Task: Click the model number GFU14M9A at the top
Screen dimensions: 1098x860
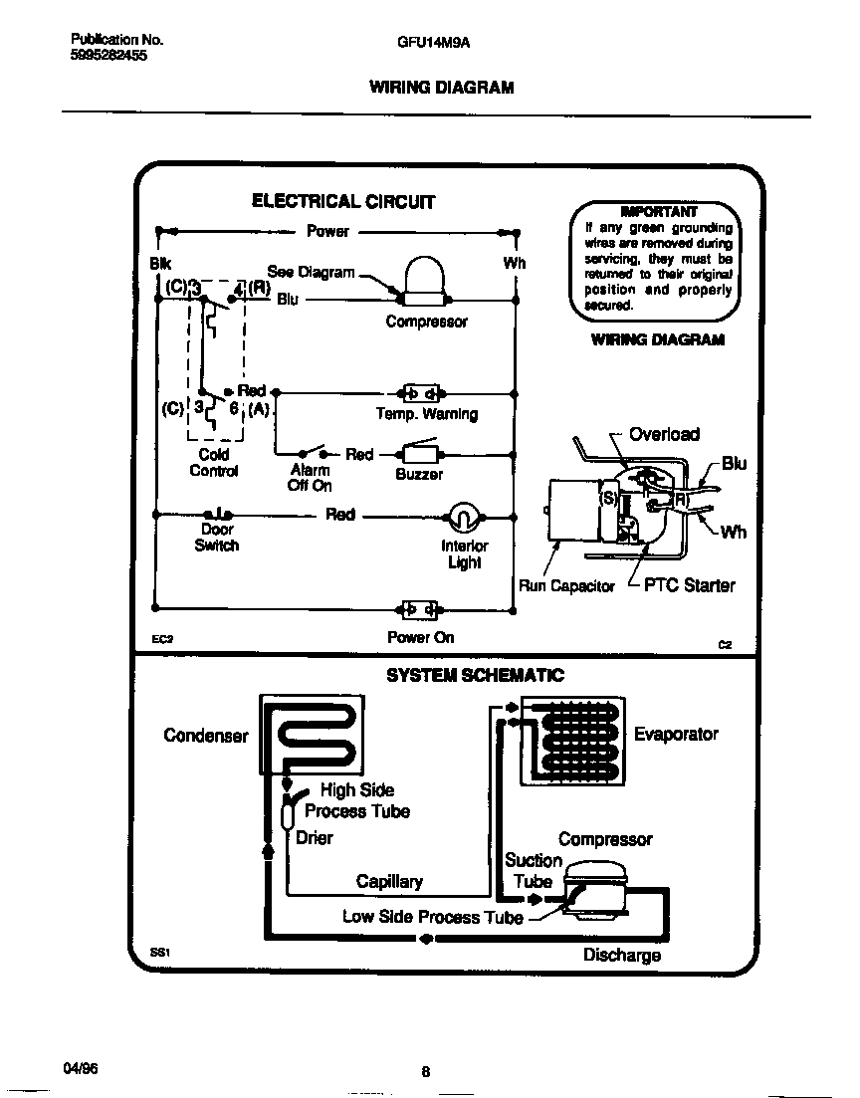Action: click(427, 43)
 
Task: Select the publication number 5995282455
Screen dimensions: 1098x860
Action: click(108, 56)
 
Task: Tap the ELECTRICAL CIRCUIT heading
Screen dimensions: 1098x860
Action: click(343, 201)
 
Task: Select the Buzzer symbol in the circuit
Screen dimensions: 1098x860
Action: click(419, 454)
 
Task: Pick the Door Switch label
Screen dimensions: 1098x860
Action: click(216, 538)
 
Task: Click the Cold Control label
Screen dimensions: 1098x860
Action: click(213, 463)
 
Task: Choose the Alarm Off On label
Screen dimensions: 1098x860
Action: click(310, 478)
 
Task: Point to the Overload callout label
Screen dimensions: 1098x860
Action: click(664, 434)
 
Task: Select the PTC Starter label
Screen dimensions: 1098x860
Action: click(689, 585)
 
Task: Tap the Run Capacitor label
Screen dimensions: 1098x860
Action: click(566, 586)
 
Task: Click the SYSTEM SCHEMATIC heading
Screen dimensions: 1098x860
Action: click(475, 675)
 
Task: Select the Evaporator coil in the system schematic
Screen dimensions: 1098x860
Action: click(569, 740)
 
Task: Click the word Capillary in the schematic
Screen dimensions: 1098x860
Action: click(389, 881)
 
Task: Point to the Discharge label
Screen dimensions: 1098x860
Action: click(621, 956)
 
